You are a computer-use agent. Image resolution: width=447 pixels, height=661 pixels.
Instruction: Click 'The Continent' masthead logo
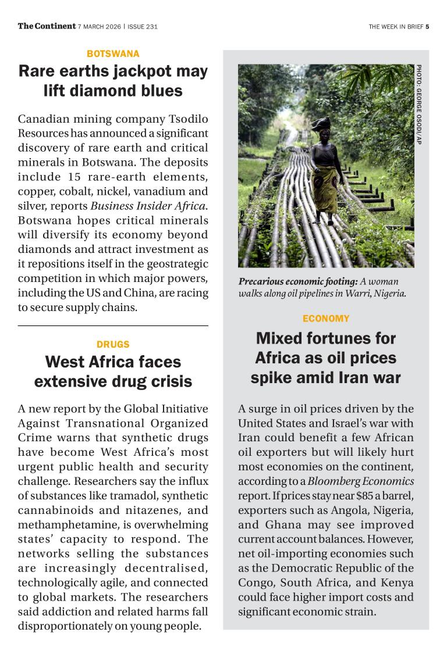[x=47, y=26]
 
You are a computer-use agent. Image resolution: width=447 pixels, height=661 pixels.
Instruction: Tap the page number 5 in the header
[x=427, y=26]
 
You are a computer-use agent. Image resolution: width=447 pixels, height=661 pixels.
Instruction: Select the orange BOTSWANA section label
[x=113, y=53]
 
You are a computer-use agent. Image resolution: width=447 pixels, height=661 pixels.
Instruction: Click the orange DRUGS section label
[x=113, y=344]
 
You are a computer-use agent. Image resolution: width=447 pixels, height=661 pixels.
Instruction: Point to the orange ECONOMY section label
[x=326, y=319]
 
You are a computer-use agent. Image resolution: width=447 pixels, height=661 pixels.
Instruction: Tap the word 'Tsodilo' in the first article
[x=186, y=119]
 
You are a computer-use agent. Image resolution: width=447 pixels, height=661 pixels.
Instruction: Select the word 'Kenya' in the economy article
[x=396, y=583]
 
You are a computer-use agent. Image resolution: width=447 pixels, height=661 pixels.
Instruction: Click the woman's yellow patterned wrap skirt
[x=325, y=186]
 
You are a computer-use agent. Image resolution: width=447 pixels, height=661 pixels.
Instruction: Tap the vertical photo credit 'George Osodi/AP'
[x=418, y=105]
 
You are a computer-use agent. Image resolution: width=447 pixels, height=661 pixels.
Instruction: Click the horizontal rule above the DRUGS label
[x=113, y=326]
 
